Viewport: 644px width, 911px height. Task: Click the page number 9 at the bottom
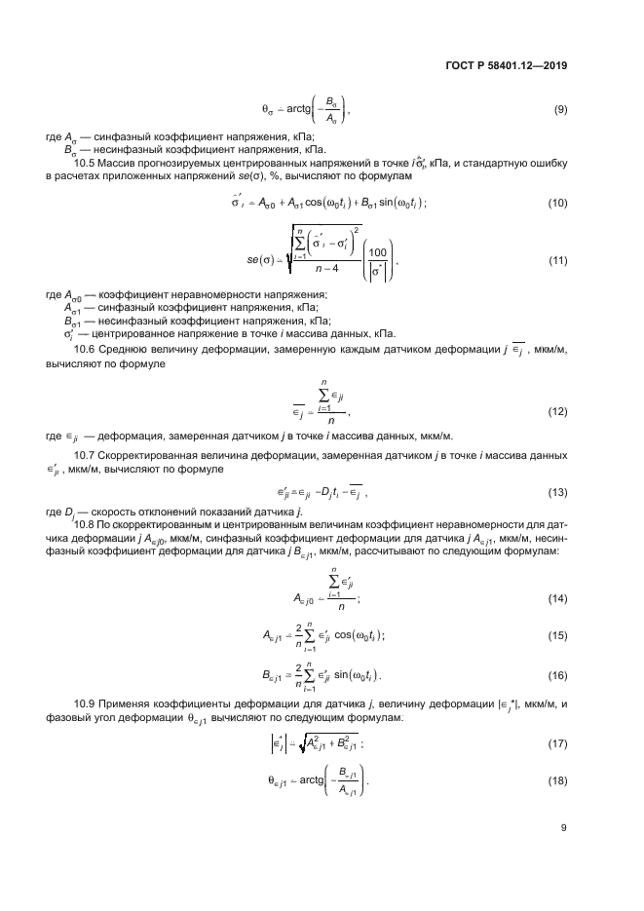click(564, 828)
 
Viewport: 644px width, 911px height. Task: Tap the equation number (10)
click(558, 203)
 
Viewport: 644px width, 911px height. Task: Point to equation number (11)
click(558, 260)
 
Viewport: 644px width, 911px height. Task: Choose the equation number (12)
click(558, 412)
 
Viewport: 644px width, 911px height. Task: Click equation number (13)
click(558, 492)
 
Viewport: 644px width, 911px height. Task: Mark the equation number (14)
click(558, 598)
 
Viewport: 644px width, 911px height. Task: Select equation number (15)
click(558, 635)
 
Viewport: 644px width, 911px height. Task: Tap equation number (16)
click(558, 673)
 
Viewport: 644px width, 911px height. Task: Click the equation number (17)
click(558, 744)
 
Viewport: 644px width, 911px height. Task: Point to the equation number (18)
click(558, 782)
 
